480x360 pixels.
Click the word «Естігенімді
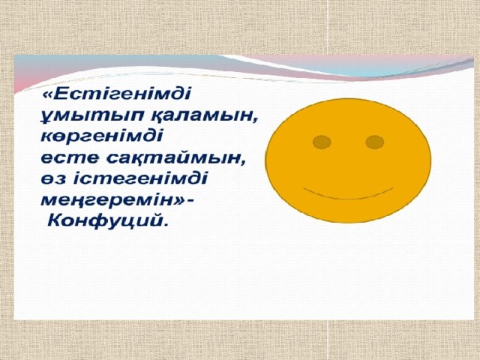coord(117,93)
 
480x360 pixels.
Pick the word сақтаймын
coord(175,158)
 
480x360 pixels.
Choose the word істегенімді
coord(140,178)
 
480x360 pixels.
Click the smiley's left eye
coord(322,142)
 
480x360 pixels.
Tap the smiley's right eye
coord(375,142)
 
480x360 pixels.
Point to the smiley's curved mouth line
coord(348,196)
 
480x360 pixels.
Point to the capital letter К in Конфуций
coord(55,220)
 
